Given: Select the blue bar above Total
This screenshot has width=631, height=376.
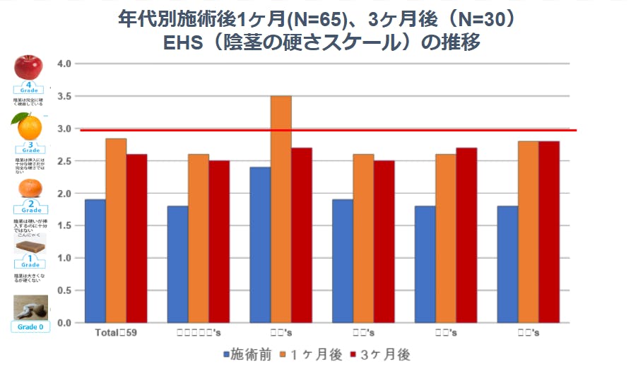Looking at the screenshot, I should point(95,261).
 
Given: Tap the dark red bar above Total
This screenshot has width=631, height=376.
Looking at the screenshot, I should point(136,238).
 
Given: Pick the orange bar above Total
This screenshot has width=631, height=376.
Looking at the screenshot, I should point(116,230).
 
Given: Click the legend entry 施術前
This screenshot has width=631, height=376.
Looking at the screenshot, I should point(247,354).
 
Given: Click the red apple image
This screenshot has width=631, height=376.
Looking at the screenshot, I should point(29,68).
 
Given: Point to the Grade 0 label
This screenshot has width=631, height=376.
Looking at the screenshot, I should point(30,327).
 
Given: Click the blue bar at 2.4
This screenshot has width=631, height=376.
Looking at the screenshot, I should point(260,245).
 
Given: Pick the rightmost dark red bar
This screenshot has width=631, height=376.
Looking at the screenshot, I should point(549,232).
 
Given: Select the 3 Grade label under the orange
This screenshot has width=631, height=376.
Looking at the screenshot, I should point(30,148).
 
